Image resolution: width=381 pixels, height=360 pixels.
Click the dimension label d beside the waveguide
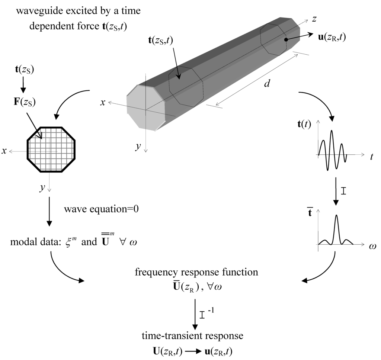[x=266, y=84]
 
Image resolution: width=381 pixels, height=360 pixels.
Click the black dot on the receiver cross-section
[x=285, y=39]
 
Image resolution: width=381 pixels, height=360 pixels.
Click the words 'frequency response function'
[x=196, y=272]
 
